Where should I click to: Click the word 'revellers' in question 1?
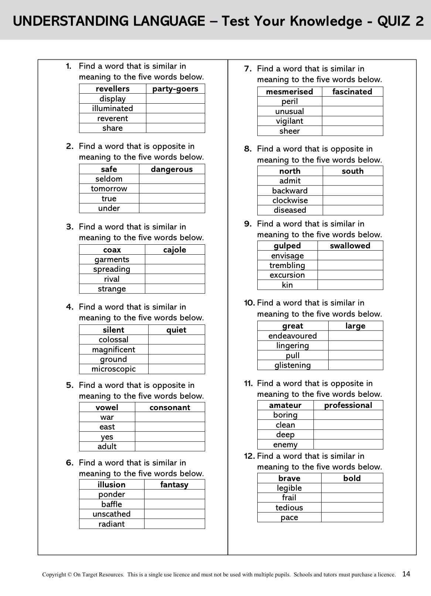112,89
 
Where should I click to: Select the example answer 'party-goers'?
175,89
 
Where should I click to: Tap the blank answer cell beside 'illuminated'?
175,108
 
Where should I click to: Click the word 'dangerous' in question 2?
172,169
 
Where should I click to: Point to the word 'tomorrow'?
109,189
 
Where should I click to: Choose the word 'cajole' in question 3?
174,250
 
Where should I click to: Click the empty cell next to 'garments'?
174,260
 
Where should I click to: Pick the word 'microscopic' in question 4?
113,369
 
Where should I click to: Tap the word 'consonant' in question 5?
170,408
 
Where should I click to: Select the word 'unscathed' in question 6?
112,514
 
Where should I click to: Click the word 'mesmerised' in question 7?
289,92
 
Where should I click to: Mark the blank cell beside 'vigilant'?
352,121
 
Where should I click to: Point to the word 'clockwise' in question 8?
290,201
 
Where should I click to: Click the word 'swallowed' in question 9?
350,246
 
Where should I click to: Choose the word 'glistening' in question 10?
292,365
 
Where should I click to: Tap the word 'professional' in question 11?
348,405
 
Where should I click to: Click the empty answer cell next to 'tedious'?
352,508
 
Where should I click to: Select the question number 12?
250,456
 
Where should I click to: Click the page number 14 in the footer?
406,574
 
